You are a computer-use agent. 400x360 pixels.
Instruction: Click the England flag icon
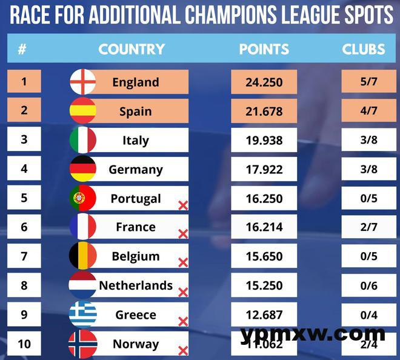pyautogui.click(x=83, y=82)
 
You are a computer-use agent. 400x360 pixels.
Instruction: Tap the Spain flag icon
pyautogui.click(x=83, y=111)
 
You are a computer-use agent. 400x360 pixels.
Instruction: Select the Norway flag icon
pyautogui.click(x=83, y=344)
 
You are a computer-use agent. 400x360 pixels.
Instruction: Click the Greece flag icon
pyautogui.click(x=83, y=315)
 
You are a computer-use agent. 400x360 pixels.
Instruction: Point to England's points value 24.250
pyautogui.click(x=264, y=82)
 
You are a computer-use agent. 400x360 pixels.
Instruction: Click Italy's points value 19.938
pyautogui.click(x=264, y=140)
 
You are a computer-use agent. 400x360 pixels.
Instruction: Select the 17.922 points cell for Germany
pyautogui.click(x=264, y=169)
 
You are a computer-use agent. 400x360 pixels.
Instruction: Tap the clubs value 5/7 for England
pyautogui.click(x=368, y=82)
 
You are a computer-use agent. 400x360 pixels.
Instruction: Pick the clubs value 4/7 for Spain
pyautogui.click(x=368, y=111)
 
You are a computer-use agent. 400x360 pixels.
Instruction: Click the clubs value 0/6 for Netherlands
pyautogui.click(x=368, y=285)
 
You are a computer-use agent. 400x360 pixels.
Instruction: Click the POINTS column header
pyautogui.click(x=264, y=49)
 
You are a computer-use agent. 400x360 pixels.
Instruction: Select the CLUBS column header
pyautogui.click(x=364, y=49)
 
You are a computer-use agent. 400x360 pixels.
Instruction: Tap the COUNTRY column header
pyautogui.click(x=132, y=49)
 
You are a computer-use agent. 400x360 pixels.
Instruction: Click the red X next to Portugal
pyautogui.click(x=183, y=205)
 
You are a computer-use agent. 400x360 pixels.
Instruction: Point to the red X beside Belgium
pyautogui.click(x=183, y=262)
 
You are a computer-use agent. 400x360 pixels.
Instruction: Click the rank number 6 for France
pyautogui.click(x=24, y=227)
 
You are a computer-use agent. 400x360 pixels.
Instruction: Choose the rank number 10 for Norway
pyautogui.click(x=24, y=344)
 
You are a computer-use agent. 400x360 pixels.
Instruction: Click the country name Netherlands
pyautogui.click(x=136, y=285)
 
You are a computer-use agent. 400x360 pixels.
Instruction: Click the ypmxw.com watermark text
pyautogui.click(x=312, y=333)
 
